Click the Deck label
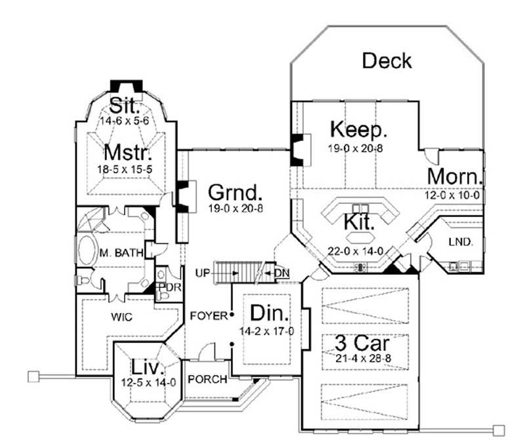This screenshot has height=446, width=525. pyautogui.click(x=387, y=61)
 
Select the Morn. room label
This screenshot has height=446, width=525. pyautogui.click(x=455, y=176)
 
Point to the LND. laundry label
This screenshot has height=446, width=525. pyautogui.click(x=460, y=241)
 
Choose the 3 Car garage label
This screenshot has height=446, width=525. pyautogui.click(x=359, y=343)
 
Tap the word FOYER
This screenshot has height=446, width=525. pyautogui.click(x=209, y=315)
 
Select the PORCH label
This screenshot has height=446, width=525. pyautogui.click(x=207, y=379)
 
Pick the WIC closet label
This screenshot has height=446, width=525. pyautogui.click(x=122, y=317)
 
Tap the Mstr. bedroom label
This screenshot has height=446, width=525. pyautogui.click(x=129, y=155)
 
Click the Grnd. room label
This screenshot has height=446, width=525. pyautogui.click(x=236, y=193)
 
